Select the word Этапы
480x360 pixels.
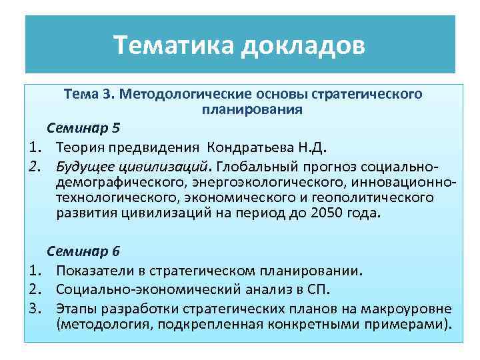(75, 309)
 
